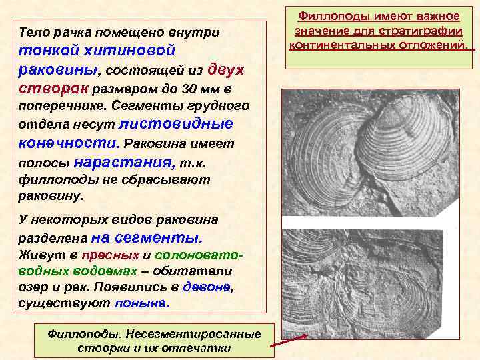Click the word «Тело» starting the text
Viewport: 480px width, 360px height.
click(32, 32)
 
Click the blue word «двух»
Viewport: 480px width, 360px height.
click(226, 69)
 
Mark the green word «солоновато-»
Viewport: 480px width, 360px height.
click(199, 255)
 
